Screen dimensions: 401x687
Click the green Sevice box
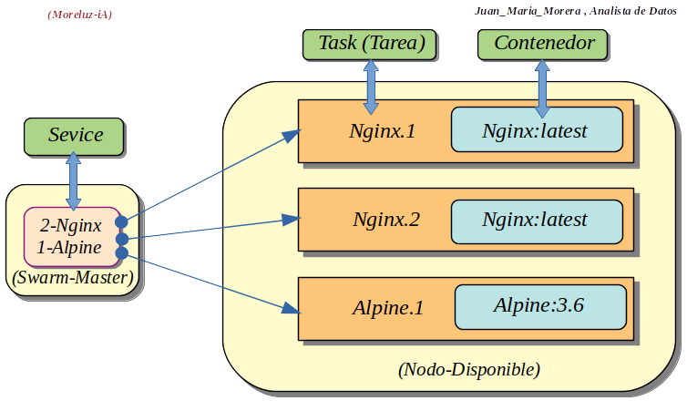coord(76,135)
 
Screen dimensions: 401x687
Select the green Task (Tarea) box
coord(371,43)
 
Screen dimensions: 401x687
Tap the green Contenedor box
coord(544,43)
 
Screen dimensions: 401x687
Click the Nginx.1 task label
coord(383,130)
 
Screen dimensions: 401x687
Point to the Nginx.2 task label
coord(387,219)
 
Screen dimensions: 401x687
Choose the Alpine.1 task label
coord(387,307)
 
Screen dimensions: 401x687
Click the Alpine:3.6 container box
coord(539,305)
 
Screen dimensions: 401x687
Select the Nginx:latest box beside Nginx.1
coord(536,130)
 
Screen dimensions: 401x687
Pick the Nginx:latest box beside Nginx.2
coord(536,219)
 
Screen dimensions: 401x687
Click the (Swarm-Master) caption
coord(73,277)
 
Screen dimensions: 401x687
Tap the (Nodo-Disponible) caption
coord(469,370)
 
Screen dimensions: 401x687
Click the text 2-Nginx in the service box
coord(70,224)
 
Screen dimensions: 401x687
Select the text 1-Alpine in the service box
coord(69,247)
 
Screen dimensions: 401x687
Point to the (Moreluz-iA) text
coord(79,15)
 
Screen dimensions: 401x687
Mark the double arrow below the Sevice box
coord(73,180)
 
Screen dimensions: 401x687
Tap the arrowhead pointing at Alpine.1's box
coord(291,307)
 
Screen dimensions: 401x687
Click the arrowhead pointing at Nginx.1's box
coord(292,135)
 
